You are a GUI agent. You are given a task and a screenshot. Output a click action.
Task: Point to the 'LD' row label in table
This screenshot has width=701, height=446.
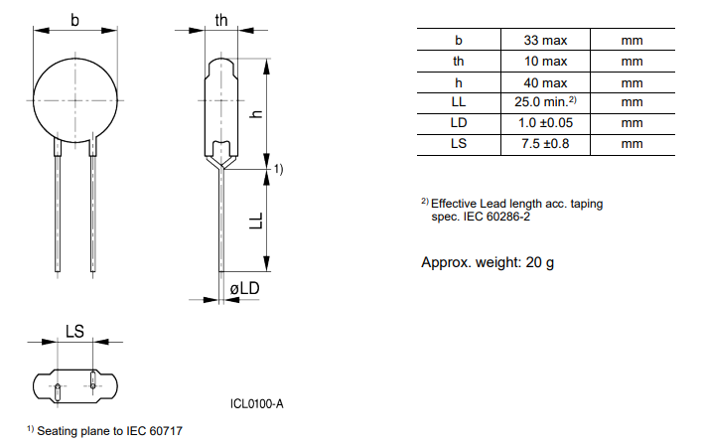coord(458,123)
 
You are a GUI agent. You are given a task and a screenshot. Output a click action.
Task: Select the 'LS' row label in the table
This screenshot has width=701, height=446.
coord(458,144)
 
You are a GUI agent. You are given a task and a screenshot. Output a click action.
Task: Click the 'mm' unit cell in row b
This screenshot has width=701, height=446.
coord(631,41)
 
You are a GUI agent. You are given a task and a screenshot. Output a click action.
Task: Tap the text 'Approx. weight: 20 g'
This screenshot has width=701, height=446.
coord(488,262)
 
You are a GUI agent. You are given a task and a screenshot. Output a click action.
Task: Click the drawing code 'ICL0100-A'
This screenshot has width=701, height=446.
coord(256,403)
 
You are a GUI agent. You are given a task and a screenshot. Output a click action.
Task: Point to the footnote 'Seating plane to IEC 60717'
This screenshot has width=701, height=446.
coord(109,431)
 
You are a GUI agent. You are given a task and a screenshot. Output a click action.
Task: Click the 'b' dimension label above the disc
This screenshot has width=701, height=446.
coord(75,19)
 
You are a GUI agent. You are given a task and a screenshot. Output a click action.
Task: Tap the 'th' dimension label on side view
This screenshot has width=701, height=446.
coord(222,20)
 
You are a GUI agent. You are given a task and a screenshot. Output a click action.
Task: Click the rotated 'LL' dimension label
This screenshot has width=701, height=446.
coord(255,221)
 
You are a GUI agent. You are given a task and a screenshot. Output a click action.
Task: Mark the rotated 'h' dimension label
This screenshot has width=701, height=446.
coord(255,114)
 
